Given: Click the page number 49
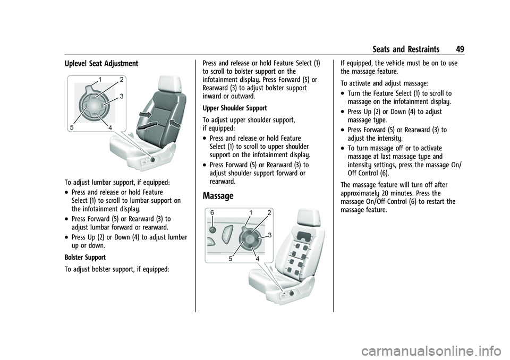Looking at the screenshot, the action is coord(460,49).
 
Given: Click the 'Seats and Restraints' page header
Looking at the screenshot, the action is coord(406,49).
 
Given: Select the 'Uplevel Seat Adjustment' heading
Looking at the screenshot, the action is coord(101,64).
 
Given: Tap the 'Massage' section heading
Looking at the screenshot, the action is coord(218,196).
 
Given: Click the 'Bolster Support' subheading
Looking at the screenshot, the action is coord(85,257).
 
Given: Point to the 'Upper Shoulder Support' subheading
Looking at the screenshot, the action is coord(235,108).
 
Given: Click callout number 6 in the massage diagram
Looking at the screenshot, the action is coord(212,212).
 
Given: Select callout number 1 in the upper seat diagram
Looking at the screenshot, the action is coord(100,79).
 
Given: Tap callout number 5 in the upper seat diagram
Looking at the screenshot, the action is coord(72,128).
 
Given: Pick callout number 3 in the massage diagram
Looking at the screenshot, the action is coord(270,235).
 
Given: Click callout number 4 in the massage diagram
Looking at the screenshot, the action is coord(257,259).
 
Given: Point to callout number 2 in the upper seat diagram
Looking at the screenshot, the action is coord(121,79).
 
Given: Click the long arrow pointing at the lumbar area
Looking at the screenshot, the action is coord(147,125).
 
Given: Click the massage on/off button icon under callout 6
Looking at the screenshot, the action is coord(212,230).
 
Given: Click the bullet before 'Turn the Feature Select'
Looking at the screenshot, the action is coord(344,94).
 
